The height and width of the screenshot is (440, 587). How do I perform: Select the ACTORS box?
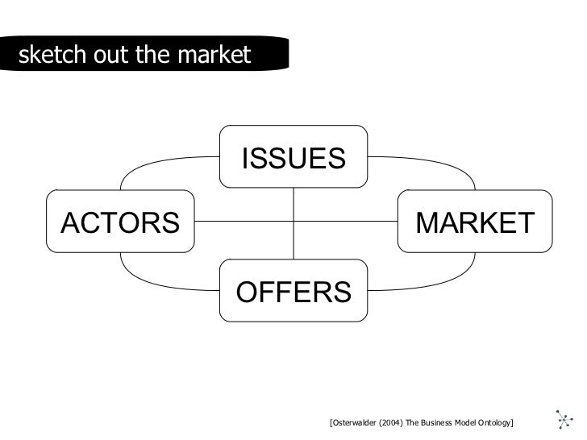(121, 221)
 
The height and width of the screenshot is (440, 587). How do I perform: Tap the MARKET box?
(475, 221)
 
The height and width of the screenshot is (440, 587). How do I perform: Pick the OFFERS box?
(293, 289)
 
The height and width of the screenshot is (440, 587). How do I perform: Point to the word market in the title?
(219, 56)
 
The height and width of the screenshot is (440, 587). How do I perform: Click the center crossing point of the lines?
(293, 221)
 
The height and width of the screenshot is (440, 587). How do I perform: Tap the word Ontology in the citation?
(493, 423)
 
